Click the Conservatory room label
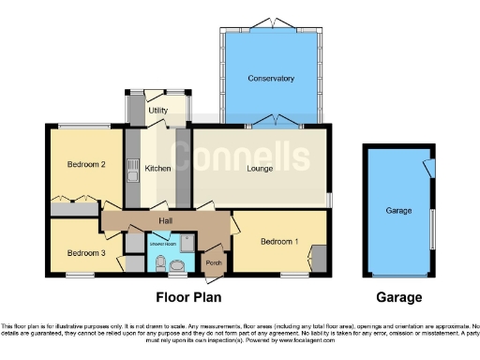click(x=272, y=78)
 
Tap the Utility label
click(x=157, y=111)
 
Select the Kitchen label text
click(x=157, y=169)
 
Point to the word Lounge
click(x=260, y=169)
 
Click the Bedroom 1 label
click(x=279, y=242)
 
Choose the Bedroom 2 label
click(x=84, y=165)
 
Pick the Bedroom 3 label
click(x=84, y=252)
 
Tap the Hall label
click(x=165, y=220)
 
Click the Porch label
click(x=214, y=262)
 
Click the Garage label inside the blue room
click(x=398, y=211)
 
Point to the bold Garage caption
click(x=398, y=298)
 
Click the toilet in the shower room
click(x=160, y=262)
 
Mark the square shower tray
click(x=188, y=243)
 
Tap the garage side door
click(x=427, y=167)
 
